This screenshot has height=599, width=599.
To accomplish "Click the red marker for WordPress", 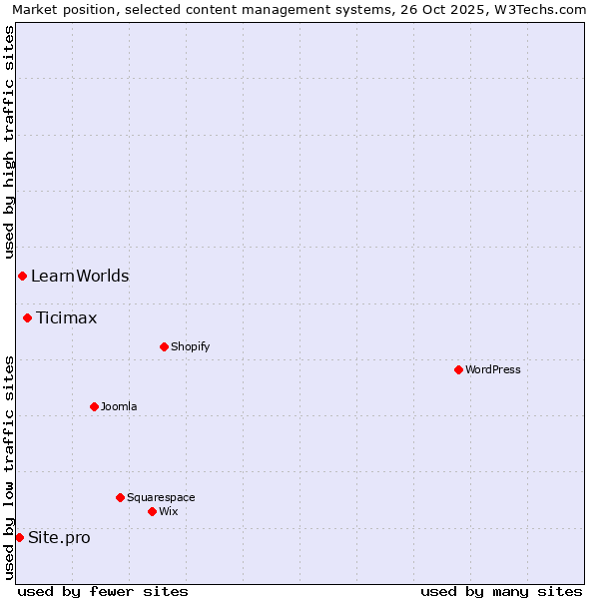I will point(458,369).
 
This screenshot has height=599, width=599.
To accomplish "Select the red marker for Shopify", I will point(164,346).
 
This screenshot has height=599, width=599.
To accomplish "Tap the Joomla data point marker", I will point(94,406).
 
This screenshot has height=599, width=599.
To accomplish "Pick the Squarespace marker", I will point(120,497).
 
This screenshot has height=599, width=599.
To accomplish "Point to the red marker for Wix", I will point(152,511).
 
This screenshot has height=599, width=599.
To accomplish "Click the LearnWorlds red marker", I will point(22,276).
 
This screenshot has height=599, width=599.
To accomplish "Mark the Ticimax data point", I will point(27,317).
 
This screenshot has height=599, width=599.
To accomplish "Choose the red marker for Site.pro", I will point(19,537).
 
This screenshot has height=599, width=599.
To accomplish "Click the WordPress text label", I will point(493,369).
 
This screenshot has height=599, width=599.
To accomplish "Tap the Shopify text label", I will point(190,346).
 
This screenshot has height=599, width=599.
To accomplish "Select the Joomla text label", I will point(119,406).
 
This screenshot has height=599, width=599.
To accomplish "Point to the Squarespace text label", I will point(161,497).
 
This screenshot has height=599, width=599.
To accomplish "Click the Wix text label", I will point(168,511).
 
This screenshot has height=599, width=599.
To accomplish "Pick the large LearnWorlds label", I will point(80,276).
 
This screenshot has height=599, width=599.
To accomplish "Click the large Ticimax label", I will point(67,318).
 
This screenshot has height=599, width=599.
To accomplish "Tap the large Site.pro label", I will point(59,538).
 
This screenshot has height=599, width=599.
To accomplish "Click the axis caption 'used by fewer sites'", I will point(103,591).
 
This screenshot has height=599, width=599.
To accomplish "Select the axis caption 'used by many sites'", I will point(501,591).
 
